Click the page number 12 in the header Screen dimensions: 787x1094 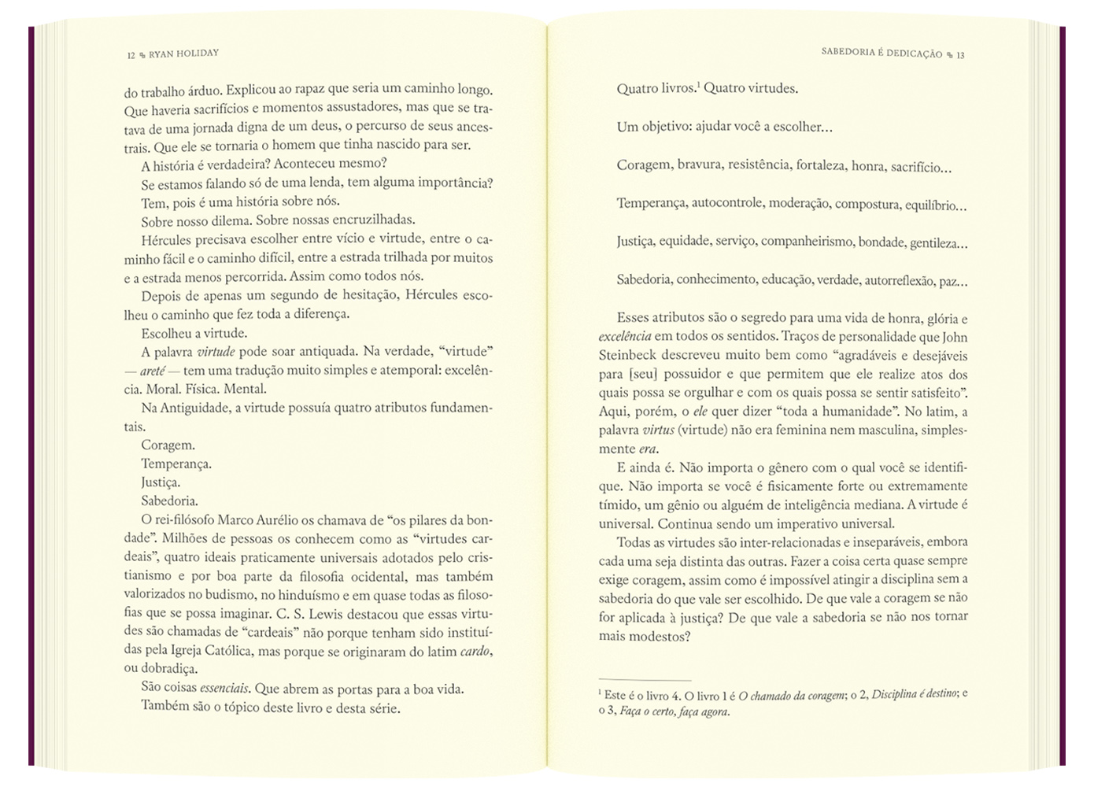click(131, 55)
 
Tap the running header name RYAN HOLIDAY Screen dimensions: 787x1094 click(183, 54)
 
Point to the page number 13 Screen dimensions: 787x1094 click(960, 54)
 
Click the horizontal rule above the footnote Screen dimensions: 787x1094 click(645, 679)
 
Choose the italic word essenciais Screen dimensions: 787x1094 click(226, 689)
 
